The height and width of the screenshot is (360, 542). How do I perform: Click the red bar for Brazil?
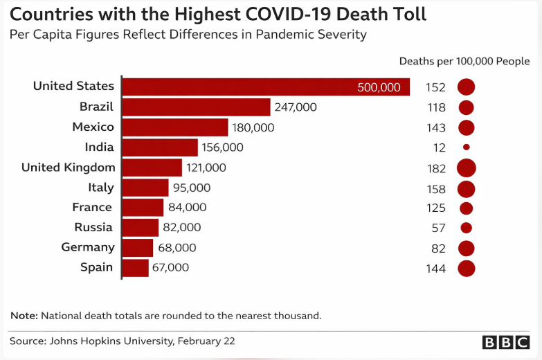click(x=196, y=107)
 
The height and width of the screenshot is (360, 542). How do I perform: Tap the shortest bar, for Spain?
click(x=136, y=268)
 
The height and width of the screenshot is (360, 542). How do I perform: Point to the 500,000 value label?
click(x=379, y=87)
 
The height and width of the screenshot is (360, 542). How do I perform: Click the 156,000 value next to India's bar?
click(x=222, y=147)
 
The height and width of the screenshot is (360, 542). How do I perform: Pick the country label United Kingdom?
click(x=68, y=167)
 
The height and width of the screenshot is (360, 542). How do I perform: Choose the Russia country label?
click(x=94, y=227)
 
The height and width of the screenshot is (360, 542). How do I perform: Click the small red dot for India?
click(x=466, y=147)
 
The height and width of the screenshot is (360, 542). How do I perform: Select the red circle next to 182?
click(x=466, y=168)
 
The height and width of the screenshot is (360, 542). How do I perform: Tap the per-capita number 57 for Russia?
click(x=439, y=228)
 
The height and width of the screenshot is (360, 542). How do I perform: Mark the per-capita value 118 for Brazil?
click(x=437, y=107)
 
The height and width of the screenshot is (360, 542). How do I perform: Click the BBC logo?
click(x=507, y=342)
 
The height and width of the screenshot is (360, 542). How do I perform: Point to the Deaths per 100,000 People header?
click(x=464, y=61)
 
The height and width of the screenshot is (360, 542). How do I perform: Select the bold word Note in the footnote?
click(x=24, y=316)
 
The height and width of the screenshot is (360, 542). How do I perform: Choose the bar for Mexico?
click(x=175, y=127)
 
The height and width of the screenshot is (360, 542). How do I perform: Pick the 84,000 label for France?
click(x=187, y=208)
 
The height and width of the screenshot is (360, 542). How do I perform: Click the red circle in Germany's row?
click(x=466, y=248)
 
